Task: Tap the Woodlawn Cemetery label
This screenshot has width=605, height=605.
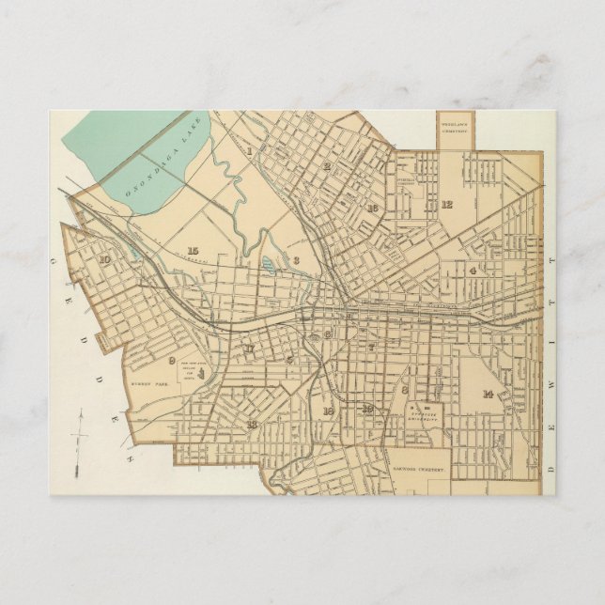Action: (x=456, y=124)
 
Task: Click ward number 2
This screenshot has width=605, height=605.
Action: (x=327, y=166)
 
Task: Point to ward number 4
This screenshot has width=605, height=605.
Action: (x=473, y=270)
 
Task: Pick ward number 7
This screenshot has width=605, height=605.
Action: (x=371, y=348)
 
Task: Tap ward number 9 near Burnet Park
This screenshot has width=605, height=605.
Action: (x=172, y=360)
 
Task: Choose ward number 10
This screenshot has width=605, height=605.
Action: (x=104, y=261)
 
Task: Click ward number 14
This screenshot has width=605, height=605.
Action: (x=488, y=394)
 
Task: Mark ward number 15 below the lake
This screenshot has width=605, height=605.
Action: (x=192, y=251)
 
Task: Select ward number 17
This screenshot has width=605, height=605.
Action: (x=249, y=350)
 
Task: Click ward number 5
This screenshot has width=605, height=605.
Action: (x=289, y=359)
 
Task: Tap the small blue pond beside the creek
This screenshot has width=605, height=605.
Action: (x=269, y=266)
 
